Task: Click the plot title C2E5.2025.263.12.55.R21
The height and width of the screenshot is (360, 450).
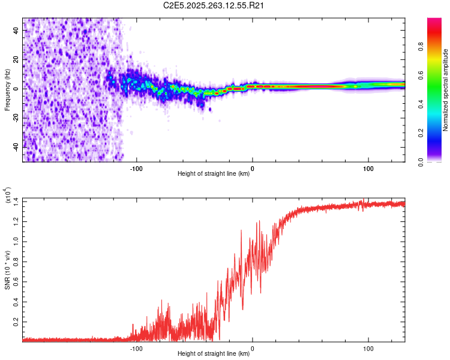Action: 214,6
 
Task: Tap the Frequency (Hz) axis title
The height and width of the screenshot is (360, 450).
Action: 7,90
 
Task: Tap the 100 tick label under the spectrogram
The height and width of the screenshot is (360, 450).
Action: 368,167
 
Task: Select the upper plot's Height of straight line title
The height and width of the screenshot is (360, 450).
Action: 214,174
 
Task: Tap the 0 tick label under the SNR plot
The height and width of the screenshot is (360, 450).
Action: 252,347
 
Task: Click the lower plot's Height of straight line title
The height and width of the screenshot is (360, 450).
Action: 214,354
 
